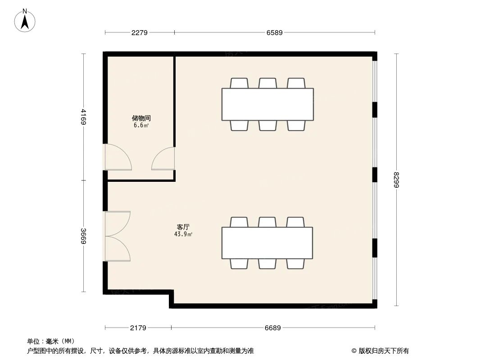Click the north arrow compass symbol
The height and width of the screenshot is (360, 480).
(25, 21)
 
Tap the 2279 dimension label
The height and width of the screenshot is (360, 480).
(140, 32)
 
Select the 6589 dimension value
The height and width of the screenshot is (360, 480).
(275, 32)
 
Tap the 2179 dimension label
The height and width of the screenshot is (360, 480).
(138, 328)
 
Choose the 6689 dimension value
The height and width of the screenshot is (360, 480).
(273, 328)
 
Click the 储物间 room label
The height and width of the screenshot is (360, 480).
(141, 118)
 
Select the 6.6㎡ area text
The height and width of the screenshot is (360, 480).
(141, 126)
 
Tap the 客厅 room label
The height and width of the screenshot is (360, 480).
(183, 227)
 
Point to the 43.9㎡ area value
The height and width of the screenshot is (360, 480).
(183, 234)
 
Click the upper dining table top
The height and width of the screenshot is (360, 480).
(267, 104)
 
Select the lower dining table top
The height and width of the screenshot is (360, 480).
(267, 243)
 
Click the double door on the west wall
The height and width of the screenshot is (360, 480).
(118, 236)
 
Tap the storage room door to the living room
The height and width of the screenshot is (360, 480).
(163, 158)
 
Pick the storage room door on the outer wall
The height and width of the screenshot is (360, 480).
(118, 157)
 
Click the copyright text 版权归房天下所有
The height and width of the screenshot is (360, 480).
(380, 351)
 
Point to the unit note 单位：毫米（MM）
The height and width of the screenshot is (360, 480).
(51, 341)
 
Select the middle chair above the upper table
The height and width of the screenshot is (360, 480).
(268, 83)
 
